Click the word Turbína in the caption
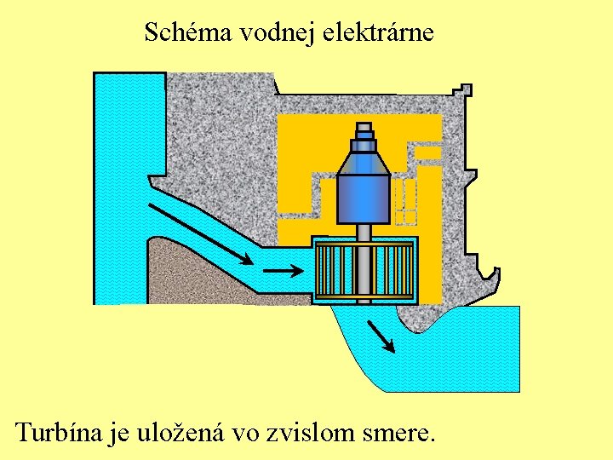tap(58, 433)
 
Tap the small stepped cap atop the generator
tap(364, 132)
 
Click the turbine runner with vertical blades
tap(364, 270)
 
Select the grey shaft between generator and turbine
tap(364, 231)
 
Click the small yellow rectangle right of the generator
tap(428, 153)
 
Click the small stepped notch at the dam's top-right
tap(465, 89)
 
